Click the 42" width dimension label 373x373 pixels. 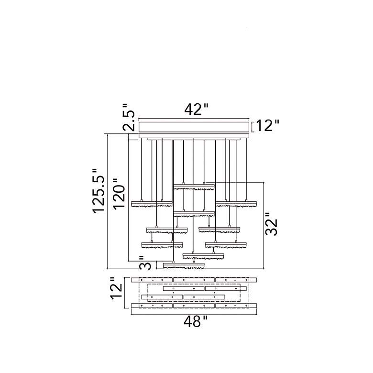pyautogui.click(x=197, y=110)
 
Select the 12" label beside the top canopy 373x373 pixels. pyautogui.click(x=267, y=126)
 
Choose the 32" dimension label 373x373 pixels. pyautogui.click(x=271, y=224)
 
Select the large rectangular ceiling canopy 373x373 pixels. pyautogui.click(x=194, y=126)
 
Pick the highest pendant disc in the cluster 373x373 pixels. pyautogui.click(x=194, y=186)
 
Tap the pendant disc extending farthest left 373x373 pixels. pyautogui.click(x=152, y=204)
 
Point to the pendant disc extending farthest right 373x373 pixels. pyautogui.click(x=236, y=204)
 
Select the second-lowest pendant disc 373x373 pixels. pyautogui.click(x=203, y=256)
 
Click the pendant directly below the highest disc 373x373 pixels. pyautogui.click(x=194, y=213)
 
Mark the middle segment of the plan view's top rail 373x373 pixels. pyautogui.click(x=194, y=280)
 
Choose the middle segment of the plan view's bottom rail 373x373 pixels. pyautogui.click(x=194, y=305)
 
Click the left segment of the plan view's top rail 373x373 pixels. pyautogui.click(x=152, y=280)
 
